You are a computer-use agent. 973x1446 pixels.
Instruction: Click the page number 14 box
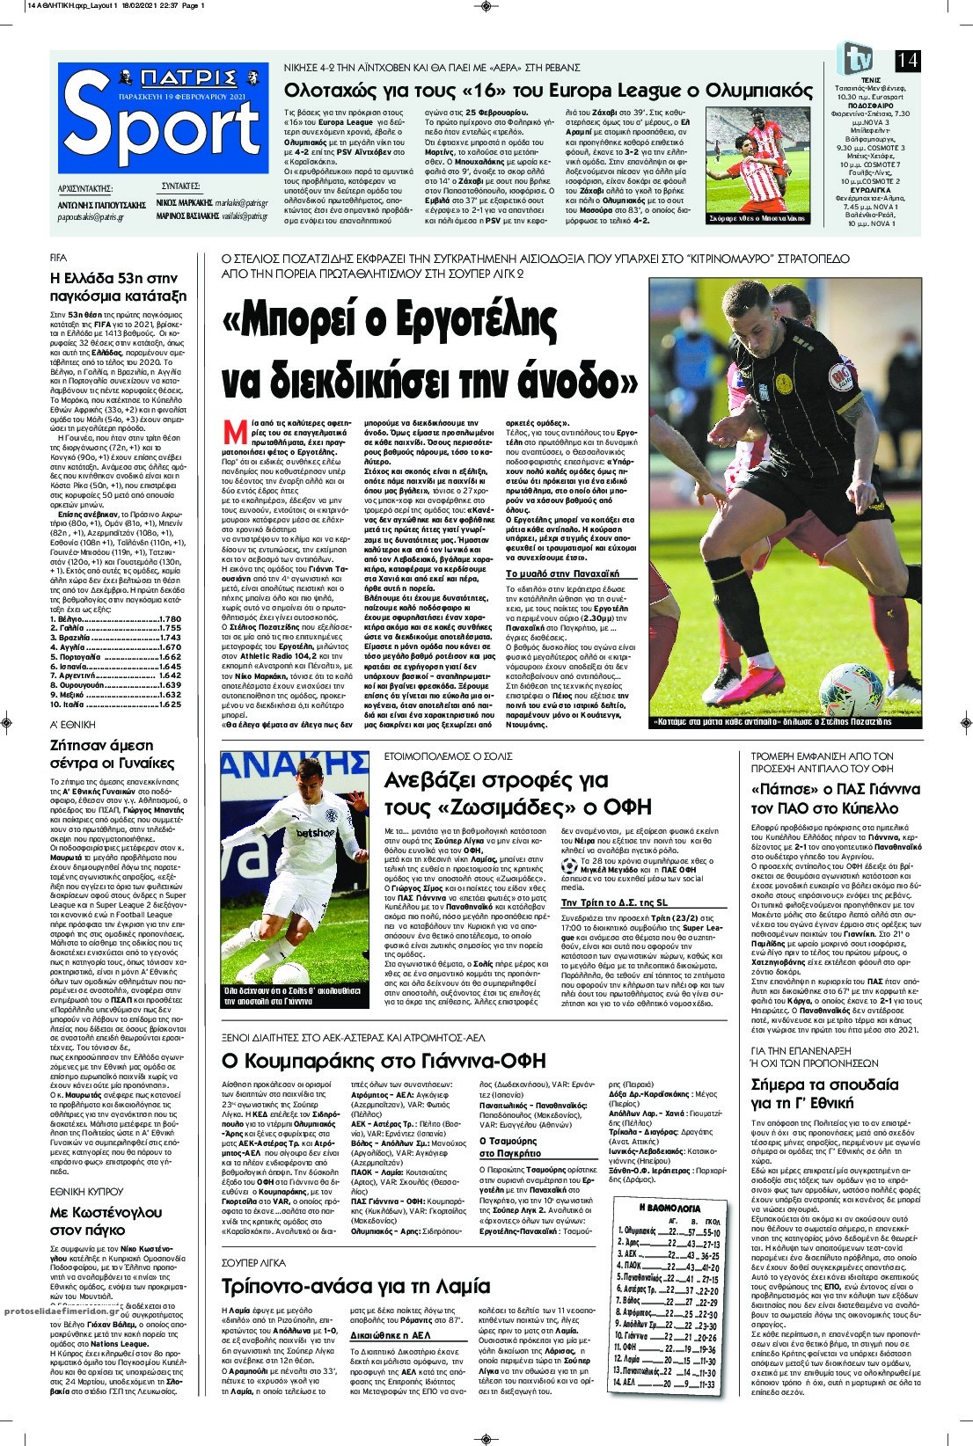[x=908, y=60]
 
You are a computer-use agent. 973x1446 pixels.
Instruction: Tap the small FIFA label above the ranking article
[x=59, y=259]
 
